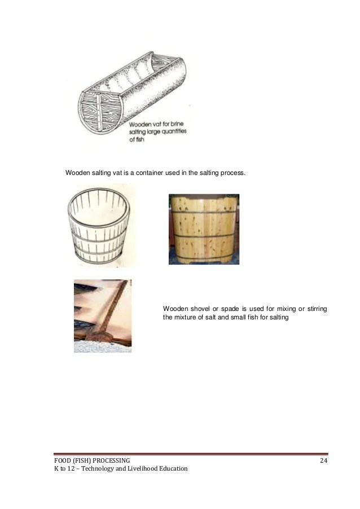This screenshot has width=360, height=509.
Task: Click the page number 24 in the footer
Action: pos(323,461)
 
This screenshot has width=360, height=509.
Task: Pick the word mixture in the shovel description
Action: pos(187,317)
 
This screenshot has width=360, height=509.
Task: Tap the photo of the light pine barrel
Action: pos(204,229)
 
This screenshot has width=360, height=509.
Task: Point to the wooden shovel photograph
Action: pos(102,316)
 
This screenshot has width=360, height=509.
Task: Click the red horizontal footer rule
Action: pos(191,454)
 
